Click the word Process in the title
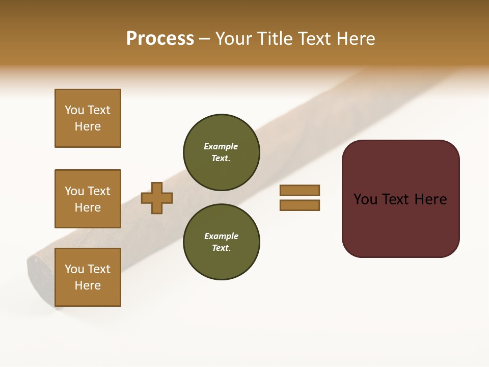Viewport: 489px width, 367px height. coord(160,39)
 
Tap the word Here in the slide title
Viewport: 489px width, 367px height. coord(356,39)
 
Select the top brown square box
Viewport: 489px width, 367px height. coord(88,118)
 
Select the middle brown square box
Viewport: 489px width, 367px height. coord(88,199)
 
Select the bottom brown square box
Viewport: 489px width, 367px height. coord(88,277)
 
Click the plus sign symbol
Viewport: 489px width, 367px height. coord(157,198)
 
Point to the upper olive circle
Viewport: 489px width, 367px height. coord(221,152)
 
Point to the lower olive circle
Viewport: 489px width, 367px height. coord(221,242)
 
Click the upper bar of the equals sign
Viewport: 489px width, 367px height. coord(300,190)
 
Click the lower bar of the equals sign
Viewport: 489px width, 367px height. coord(300,205)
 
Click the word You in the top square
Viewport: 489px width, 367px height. coord(74,110)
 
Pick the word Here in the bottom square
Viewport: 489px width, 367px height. coord(88,285)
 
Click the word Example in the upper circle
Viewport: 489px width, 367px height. coord(221,146)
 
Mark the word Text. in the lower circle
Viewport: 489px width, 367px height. coord(221,248)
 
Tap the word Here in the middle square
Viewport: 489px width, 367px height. coord(88,207)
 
